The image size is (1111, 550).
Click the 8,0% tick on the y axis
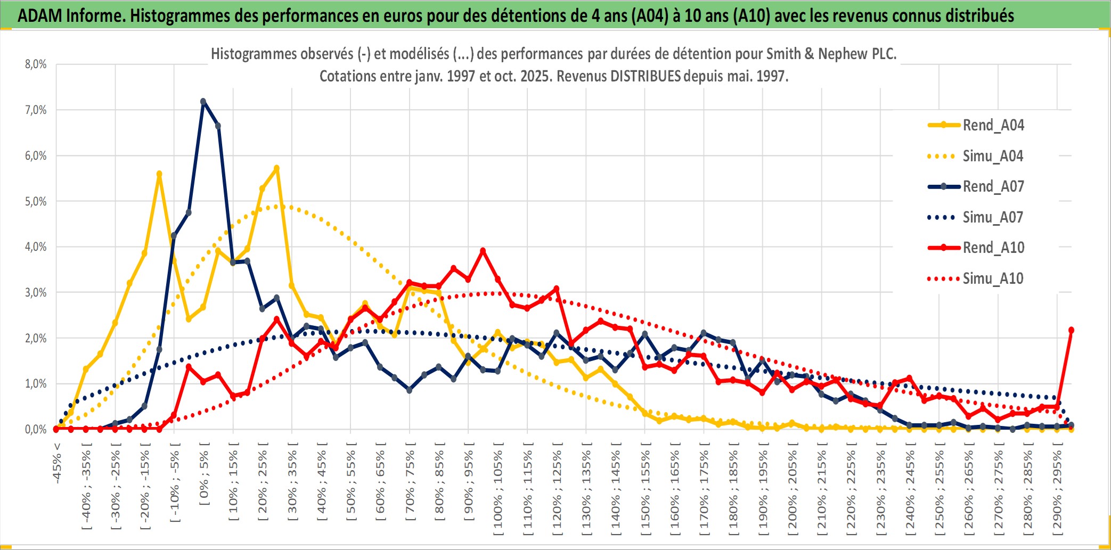pyautogui.click(x=36, y=64)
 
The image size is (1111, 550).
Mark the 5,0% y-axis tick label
pyautogui.click(x=36, y=201)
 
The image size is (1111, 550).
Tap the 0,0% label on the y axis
pyautogui.click(x=36, y=429)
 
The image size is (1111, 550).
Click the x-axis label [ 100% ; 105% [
pyautogui.click(x=498, y=490)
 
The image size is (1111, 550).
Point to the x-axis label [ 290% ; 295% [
pyautogui.click(x=1057, y=490)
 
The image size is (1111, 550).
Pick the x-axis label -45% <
pyautogui.click(x=57, y=463)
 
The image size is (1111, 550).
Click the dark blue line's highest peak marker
pyautogui.click(x=203, y=101)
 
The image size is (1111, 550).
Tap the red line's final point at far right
pyautogui.click(x=1071, y=330)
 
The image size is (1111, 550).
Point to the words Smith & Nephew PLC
pyautogui.click(x=831, y=54)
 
